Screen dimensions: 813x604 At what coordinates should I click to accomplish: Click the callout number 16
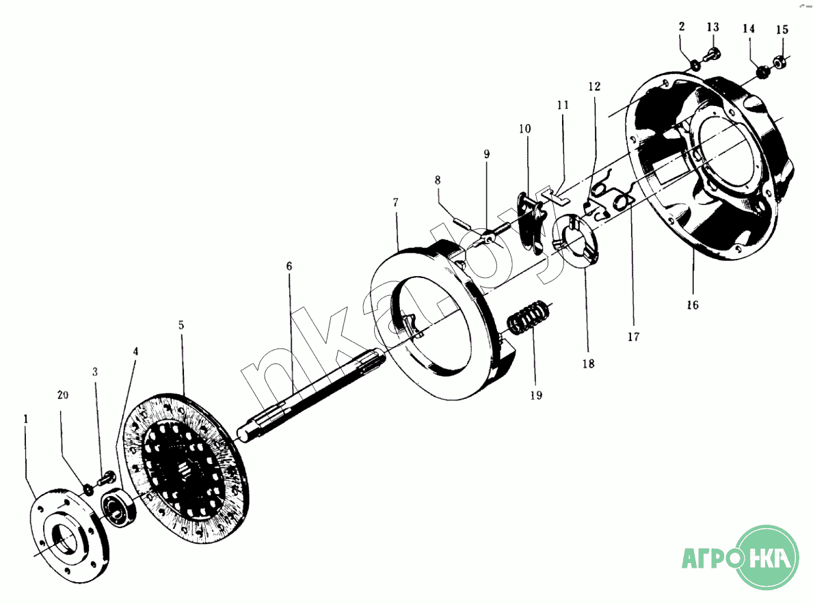(x=693, y=305)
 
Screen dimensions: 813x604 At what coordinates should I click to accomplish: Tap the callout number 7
(x=396, y=202)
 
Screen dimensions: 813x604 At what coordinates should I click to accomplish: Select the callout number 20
(x=63, y=395)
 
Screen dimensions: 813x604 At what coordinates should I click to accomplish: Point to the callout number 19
(x=536, y=395)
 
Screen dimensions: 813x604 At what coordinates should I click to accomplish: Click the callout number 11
(x=563, y=105)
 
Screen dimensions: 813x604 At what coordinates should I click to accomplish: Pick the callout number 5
(x=181, y=325)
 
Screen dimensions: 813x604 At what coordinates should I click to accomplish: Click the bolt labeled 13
(x=711, y=55)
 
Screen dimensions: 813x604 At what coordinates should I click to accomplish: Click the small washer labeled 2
(x=695, y=66)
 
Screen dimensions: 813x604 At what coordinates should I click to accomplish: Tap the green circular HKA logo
(x=768, y=558)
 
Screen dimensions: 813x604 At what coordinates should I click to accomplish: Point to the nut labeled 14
(x=762, y=72)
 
